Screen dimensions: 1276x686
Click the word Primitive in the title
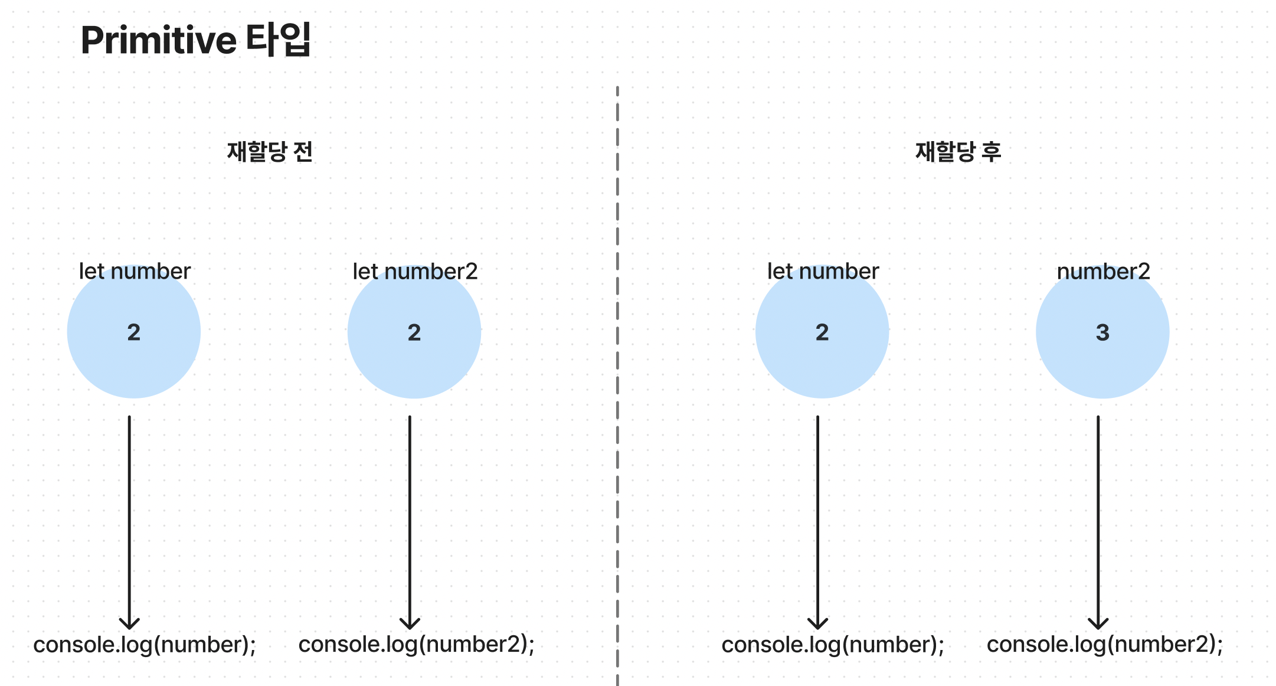tap(158, 40)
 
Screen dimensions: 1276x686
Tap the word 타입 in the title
tap(279, 39)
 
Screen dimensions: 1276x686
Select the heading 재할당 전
tap(270, 152)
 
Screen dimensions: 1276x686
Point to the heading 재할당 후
tap(958, 152)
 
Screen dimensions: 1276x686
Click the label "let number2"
tap(415, 272)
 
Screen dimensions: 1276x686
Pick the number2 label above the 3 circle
tap(1103, 272)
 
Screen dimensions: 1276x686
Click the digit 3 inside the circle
tap(1102, 332)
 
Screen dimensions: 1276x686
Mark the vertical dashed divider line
tap(617, 386)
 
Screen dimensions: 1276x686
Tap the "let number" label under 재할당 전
tap(135, 272)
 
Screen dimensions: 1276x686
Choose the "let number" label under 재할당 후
tap(823, 272)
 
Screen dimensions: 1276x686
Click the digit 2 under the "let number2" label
tap(414, 332)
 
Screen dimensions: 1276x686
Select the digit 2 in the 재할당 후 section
tap(822, 332)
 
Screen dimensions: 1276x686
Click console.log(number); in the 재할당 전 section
tap(145, 645)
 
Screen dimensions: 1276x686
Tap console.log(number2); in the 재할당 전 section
tap(417, 645)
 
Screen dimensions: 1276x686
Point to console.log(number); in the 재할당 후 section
tap(833, 645)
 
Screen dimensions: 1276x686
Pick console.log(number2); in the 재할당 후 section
tap(1105, 645)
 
